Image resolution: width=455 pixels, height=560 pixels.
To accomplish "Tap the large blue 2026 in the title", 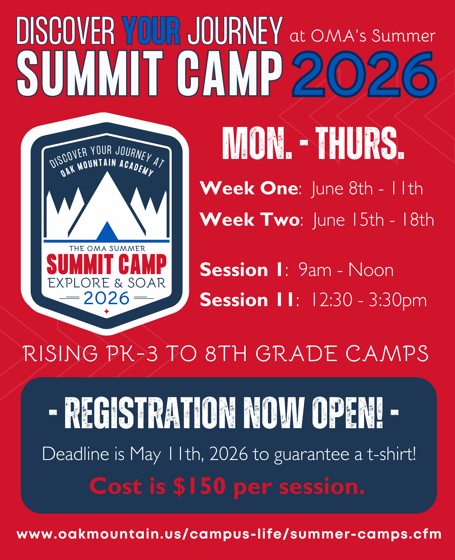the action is [364, 74].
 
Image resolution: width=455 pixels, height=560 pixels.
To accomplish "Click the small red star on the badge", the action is [107, 311].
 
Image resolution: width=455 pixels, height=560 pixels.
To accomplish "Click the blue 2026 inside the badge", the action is [106, 298].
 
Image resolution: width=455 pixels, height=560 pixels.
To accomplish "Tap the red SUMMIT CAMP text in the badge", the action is [106, 264].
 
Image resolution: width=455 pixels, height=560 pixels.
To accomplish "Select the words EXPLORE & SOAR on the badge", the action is [107, 283].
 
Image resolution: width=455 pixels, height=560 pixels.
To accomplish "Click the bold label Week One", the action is [249, 188].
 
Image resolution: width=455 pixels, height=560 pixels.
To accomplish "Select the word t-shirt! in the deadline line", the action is [391, 454].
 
